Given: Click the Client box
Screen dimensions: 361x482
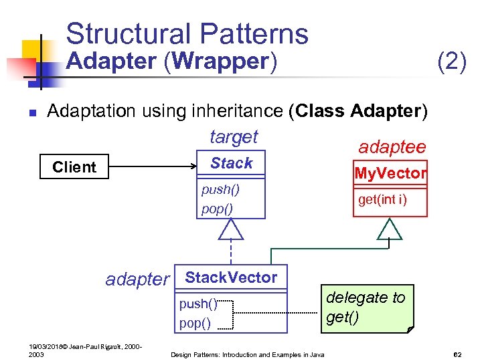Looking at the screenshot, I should [x=74, y=167].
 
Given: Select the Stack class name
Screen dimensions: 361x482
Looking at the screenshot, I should [x=231, y=164].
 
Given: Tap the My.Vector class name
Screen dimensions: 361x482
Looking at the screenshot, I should [x=390, y=174].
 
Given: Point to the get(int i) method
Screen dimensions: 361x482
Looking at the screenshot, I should [x=382, y=200].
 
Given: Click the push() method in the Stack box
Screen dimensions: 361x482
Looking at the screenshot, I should [x=220, y=190].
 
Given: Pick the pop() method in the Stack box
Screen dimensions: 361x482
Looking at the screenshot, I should [x=217, y=209].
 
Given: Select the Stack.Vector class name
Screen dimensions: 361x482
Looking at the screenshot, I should [x=230, y=277].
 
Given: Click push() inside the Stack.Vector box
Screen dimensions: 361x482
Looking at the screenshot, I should [x=198, y=304].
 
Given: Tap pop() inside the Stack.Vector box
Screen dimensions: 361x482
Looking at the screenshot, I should [x=195, y=324].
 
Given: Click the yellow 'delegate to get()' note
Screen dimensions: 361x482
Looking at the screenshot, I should [x=368, y=308].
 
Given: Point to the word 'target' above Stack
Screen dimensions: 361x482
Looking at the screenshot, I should [x=234, y=137].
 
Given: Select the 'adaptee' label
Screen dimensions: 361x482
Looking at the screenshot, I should [x=392, y=147].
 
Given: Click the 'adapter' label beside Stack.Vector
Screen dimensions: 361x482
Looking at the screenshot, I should [x=137, y=279].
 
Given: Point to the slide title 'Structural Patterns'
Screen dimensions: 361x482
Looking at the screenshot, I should [x=187, y=33].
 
